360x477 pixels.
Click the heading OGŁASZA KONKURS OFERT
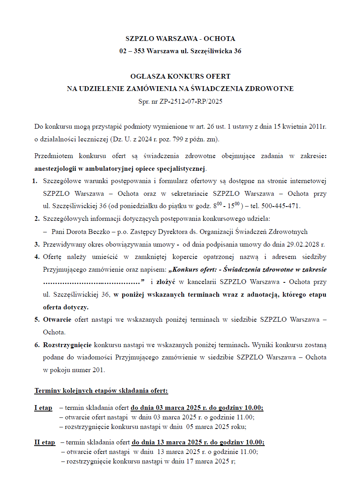click(180, 76)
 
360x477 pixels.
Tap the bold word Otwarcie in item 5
click(57, 319)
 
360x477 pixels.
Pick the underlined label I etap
click(43, 407)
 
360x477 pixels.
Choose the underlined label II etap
click(44, 442)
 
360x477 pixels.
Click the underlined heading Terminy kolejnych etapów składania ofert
click(101, 391)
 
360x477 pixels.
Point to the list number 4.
click(37, 257)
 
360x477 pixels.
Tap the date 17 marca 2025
click(210, 462)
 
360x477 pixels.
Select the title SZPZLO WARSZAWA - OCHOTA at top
click(180, 39)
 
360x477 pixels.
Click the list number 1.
click(35, 181)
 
